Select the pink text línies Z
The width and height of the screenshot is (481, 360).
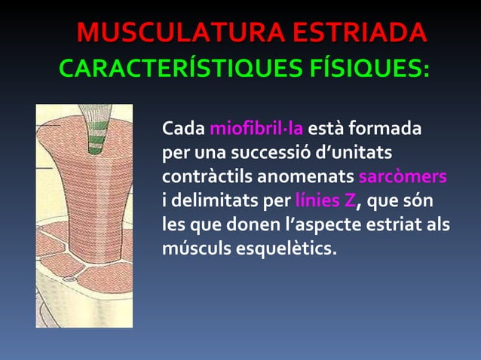pos(325,201)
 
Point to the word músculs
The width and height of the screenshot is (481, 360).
pos(194,248)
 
